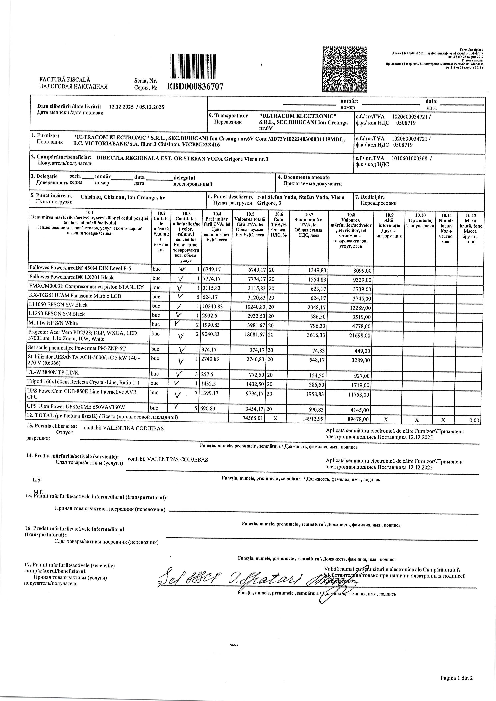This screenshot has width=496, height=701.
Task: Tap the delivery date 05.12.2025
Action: point(151,107)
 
